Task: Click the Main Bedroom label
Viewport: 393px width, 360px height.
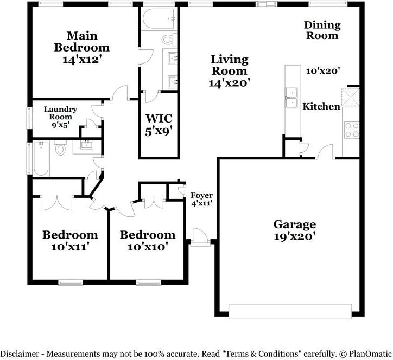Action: [83, 42]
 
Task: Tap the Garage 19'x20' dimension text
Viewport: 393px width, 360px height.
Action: [294, 236]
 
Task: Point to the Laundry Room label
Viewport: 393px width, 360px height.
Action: [60, 113]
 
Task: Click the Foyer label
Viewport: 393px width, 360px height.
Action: [201, 196]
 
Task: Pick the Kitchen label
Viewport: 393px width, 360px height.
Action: [321, 106]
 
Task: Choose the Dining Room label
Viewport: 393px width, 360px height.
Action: [322, 30]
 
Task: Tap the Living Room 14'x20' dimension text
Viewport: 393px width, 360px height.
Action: [229, 83]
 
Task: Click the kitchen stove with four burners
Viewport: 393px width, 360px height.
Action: [352, 130]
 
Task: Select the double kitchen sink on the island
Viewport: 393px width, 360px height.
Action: [291, 97]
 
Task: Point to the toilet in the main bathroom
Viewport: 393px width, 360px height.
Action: [169, 39]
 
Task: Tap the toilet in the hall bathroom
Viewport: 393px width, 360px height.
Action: [60, 148]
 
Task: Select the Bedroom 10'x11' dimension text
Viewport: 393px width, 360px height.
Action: [70, 247]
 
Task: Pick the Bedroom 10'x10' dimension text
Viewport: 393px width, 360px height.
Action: [147, 247]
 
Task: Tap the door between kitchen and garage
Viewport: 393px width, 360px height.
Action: [325, 152]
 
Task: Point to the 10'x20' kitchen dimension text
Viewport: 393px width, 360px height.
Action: [322, 70]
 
